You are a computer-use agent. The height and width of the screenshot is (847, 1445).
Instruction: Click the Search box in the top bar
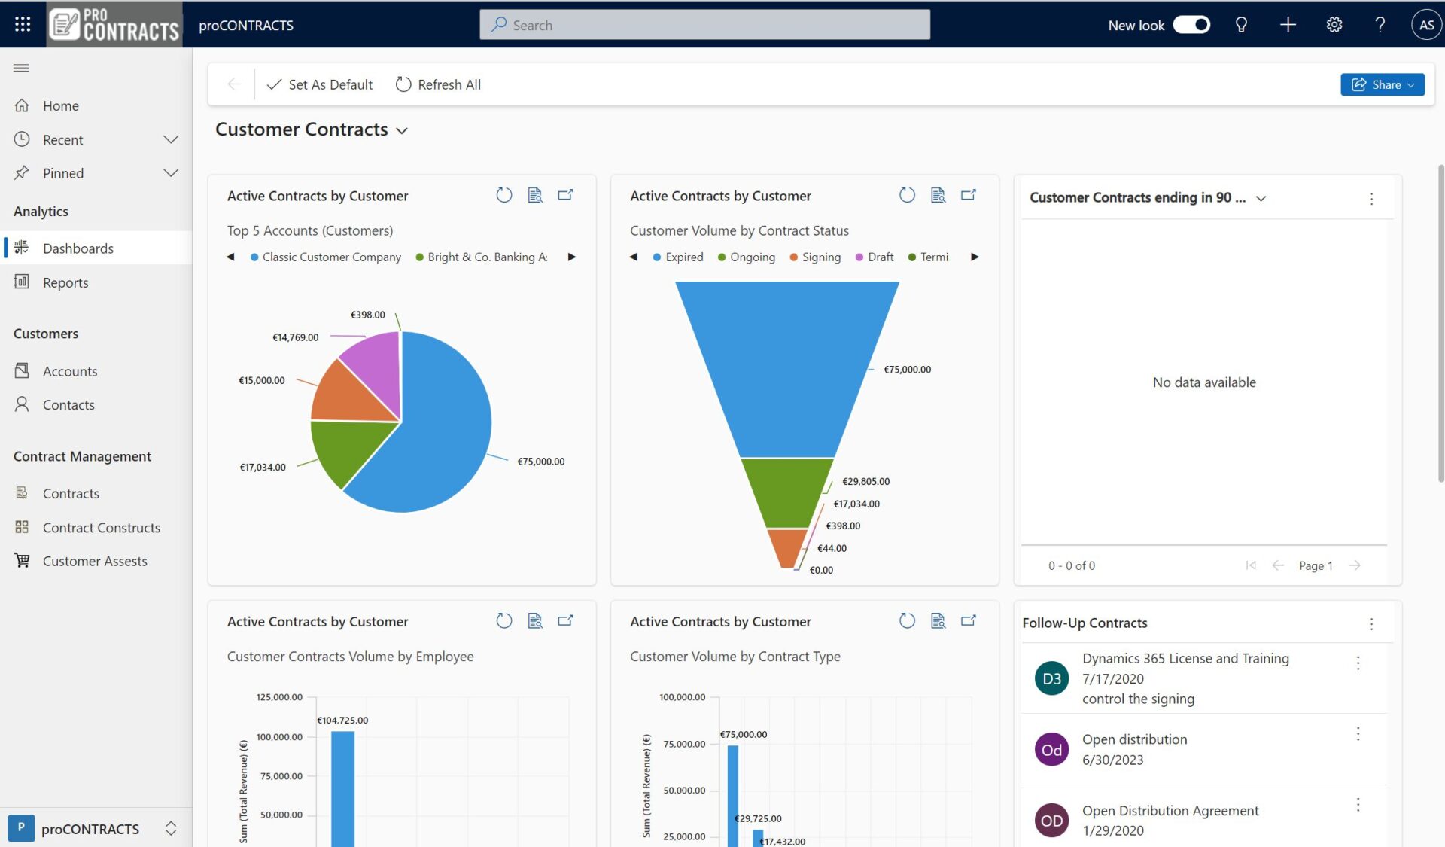point(704,25)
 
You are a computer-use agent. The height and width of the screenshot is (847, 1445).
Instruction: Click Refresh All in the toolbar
point(438,84)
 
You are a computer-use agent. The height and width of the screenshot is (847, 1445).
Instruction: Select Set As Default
point(320,84)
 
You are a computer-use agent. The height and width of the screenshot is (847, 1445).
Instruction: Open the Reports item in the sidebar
point(65,282)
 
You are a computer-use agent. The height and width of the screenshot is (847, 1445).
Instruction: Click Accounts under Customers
point(69,371)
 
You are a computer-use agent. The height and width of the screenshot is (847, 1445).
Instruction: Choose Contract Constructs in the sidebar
point(101,528)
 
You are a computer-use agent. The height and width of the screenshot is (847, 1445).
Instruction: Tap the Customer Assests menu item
point(95,561)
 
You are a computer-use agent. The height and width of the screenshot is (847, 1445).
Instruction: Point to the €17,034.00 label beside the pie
point(263,468)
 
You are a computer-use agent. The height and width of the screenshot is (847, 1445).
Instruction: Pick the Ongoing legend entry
point(752,257)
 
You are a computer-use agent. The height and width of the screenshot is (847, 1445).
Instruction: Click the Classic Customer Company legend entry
point(331,257)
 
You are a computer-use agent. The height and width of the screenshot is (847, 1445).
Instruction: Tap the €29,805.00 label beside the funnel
point(865,482)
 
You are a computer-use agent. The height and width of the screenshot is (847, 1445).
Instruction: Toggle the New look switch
point(1191,25)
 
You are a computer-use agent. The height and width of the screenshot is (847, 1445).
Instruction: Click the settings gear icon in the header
point(1334,25)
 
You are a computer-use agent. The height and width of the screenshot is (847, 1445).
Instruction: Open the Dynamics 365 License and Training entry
point(1185,659)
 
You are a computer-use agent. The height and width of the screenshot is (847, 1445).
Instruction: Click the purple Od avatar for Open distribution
point(1051,750)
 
